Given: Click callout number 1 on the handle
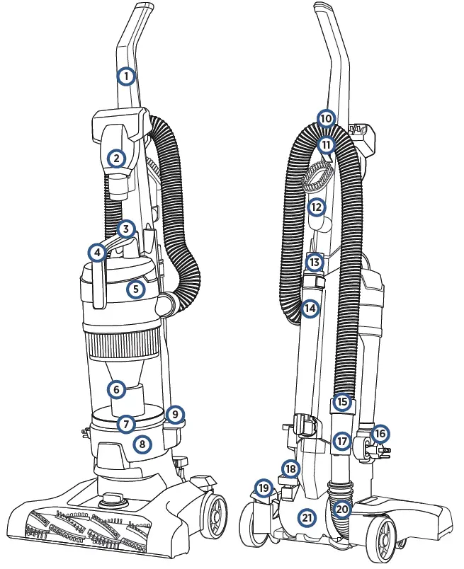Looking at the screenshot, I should click(125, 76).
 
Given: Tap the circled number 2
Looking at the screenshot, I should click(117, 159).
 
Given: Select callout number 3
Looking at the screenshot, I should click(126, 229).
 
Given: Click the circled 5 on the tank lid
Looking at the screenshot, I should click(137, 289).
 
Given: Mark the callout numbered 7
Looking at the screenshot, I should click(126, 424).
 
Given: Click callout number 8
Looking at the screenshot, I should click(143, 444).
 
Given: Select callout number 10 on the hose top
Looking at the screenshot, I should click(325, 118).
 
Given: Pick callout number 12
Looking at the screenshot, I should click(316, 207).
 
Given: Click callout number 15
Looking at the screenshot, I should click(343, 402).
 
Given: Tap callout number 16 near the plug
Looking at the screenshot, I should click(380, 433).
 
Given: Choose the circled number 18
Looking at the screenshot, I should click(290, 469).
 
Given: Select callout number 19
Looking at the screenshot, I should click(264, 488).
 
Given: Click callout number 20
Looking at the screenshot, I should click(343, 509).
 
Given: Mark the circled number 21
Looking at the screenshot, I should click(306, 517).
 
